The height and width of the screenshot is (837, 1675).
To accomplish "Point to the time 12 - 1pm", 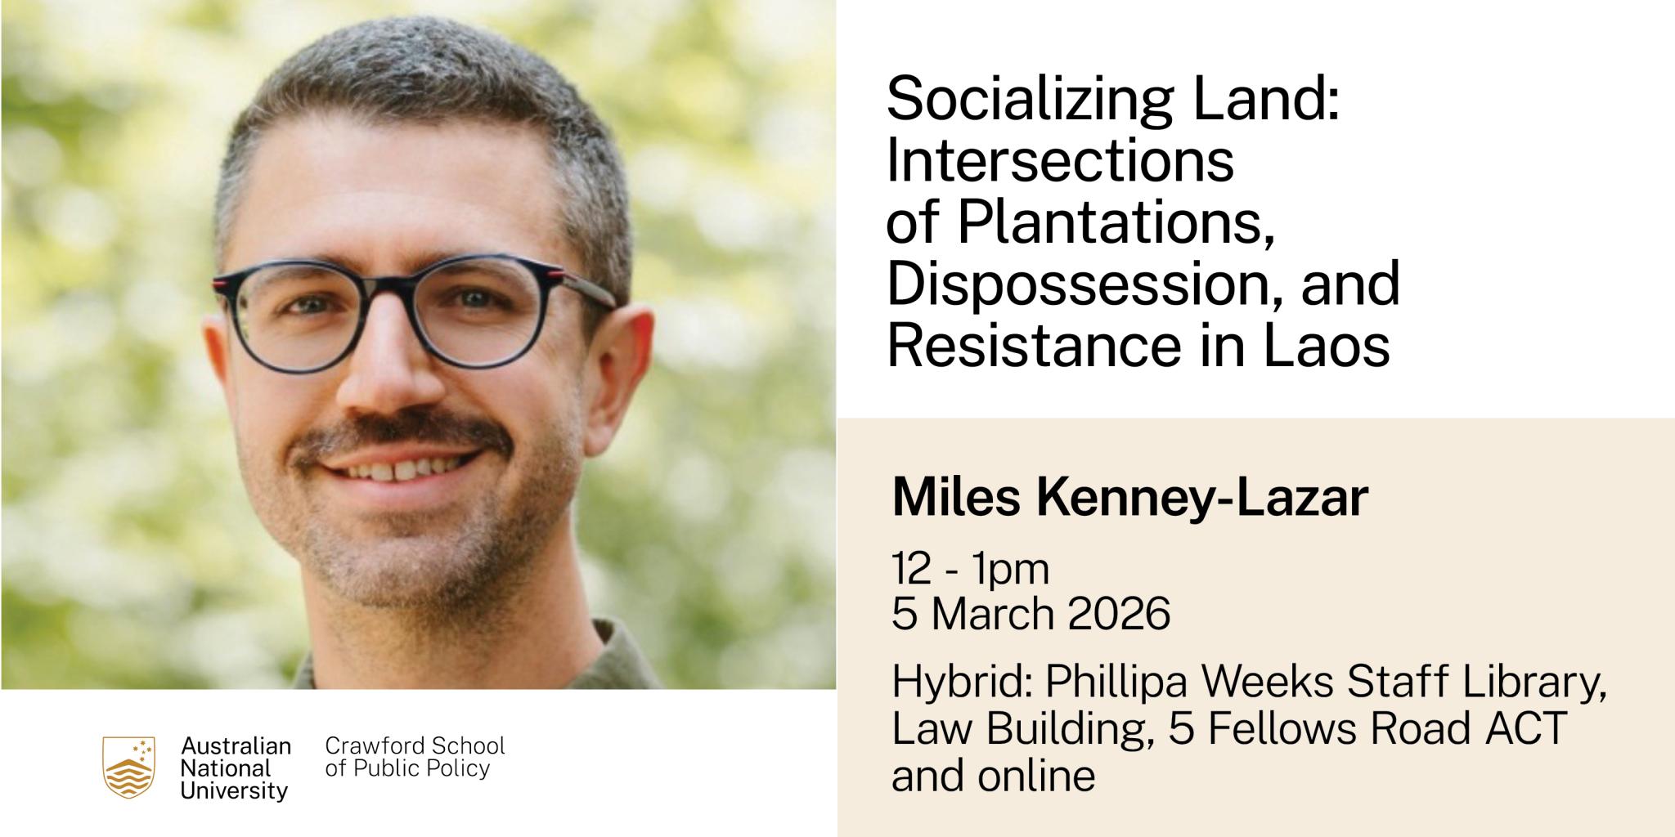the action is click(971, 571).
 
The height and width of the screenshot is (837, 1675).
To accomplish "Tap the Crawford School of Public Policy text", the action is click(415, 757).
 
